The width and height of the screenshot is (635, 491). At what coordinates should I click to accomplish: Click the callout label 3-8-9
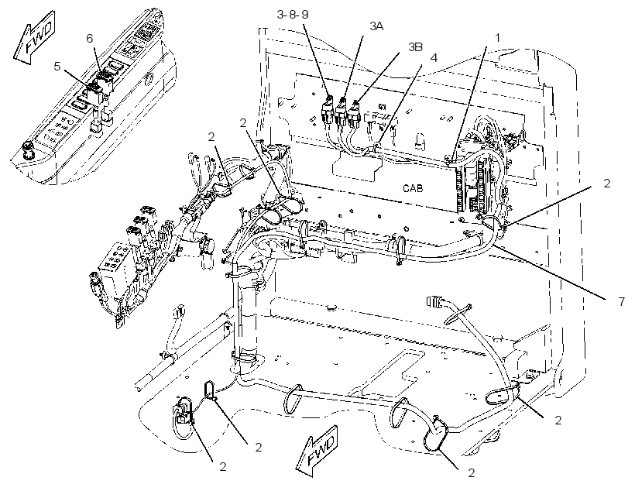point(293,15)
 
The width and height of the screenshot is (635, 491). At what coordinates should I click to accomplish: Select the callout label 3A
point(376,26)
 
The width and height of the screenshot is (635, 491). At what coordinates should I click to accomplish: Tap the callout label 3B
point(415,47)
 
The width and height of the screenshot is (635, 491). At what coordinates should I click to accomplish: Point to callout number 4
point(434,57)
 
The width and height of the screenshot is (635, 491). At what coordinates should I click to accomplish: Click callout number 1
point(498,38)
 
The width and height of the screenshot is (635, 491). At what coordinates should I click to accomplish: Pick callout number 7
point(622,301)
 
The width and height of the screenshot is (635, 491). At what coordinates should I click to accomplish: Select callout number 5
point(57,66)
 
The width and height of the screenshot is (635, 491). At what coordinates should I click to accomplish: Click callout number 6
point(90,38)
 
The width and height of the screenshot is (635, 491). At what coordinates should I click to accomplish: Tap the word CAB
point(413,188)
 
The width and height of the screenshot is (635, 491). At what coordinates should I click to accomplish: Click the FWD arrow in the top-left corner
point(35,38)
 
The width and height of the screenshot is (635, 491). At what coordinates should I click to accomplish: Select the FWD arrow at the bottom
point(317,450)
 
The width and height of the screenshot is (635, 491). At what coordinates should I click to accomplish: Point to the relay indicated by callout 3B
point(355,113)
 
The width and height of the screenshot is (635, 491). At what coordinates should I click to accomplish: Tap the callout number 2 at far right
point(606,183)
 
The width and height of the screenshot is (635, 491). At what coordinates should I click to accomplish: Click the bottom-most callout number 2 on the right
point(471,472)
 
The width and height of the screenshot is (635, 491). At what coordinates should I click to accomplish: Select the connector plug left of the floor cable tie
point(434,301)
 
